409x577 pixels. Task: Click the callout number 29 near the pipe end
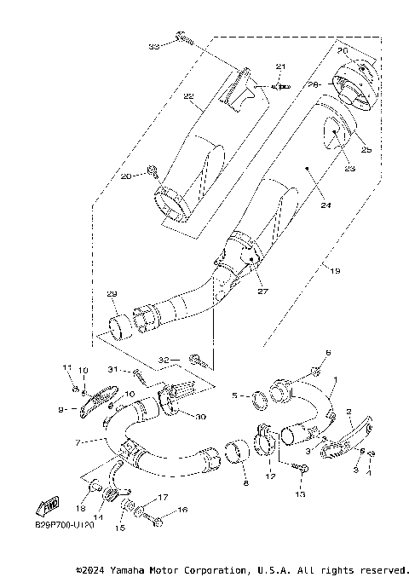pyautogui.click(x=112, y=294)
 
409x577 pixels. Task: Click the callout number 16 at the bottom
pyautogui.click(x=181, y=511)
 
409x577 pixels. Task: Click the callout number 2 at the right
pyautogui.click(x=350, y=412)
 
